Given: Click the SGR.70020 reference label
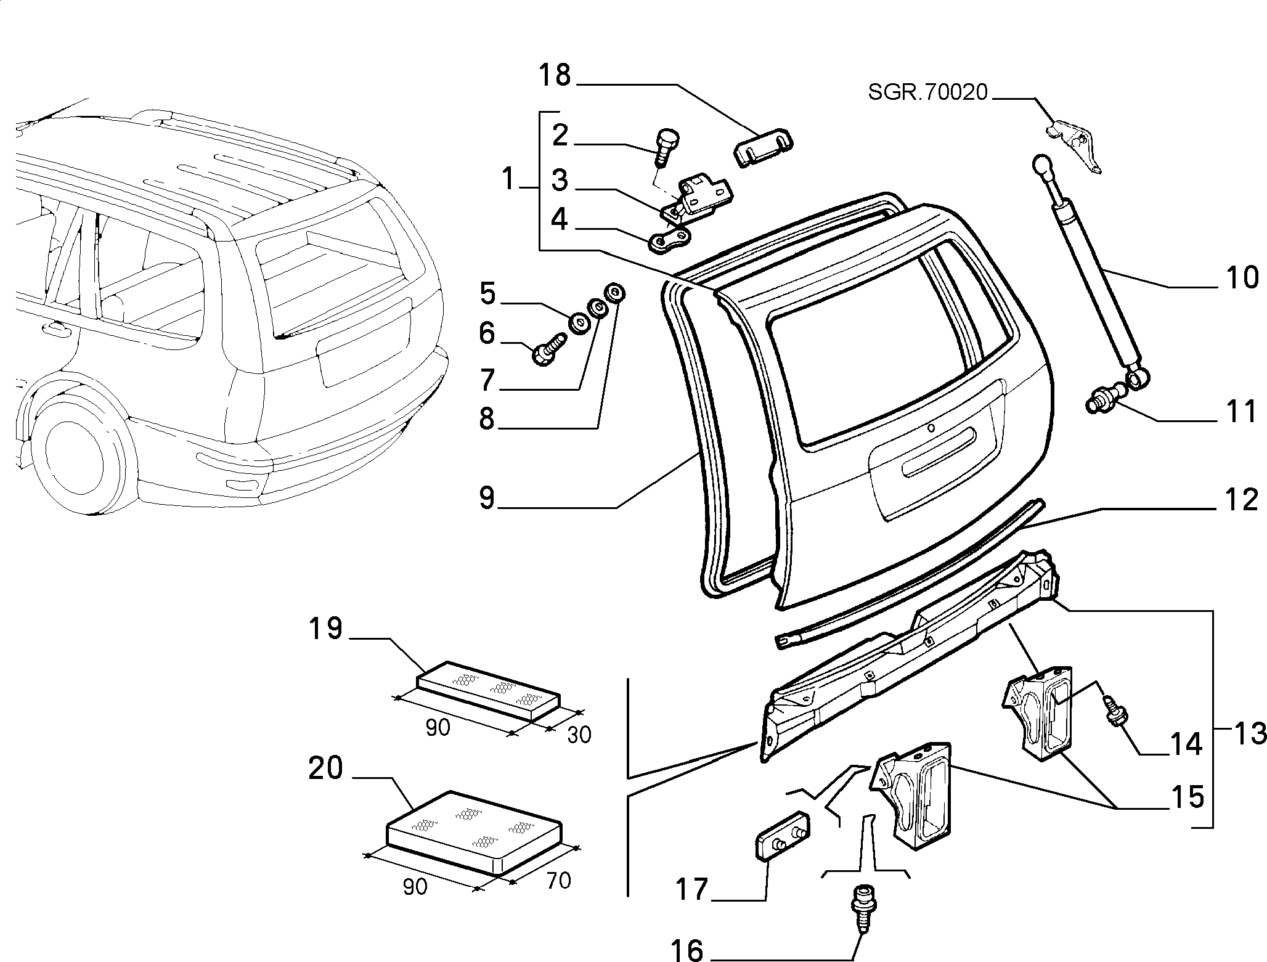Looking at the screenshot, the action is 928,93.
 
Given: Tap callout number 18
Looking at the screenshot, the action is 555,76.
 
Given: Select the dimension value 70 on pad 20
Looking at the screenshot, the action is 558,881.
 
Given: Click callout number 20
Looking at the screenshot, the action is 325,768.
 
